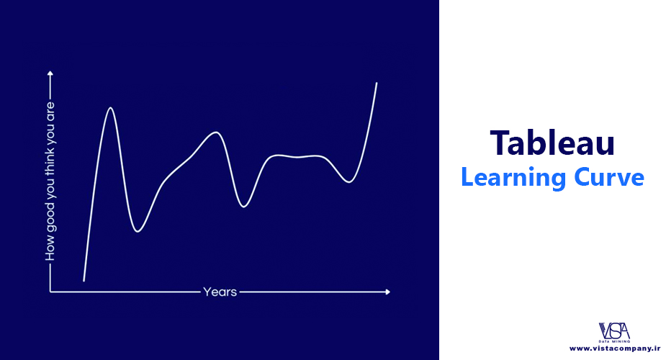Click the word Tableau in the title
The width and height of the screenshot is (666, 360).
[x=552, y=143]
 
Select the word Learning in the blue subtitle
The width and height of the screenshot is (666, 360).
[x=513, y=177]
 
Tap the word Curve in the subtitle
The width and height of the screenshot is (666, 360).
[x=609, y=177]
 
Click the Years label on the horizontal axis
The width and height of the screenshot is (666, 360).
[x=220, y=292]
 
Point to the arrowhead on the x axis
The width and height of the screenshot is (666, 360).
[x=387, y=292]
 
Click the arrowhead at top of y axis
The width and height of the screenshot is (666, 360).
[x=50, y=73]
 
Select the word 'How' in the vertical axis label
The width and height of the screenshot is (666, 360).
[x=50, y=251]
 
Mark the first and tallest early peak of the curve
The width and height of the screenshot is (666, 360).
[x=110, y=108]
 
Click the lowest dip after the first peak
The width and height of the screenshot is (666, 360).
[x=138, y=231]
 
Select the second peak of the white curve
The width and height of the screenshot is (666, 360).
[x=216, y=132]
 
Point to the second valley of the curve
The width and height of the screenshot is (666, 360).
[x=243, y=207]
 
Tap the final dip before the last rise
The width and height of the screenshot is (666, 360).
[x=348, y=182]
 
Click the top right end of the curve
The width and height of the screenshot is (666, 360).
[x=377, y=84]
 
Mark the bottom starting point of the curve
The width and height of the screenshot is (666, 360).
[x=84, y=280]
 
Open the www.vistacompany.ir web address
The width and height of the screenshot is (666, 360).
[x=615, y=348]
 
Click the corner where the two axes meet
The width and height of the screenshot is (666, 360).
[x=50, y=292]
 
